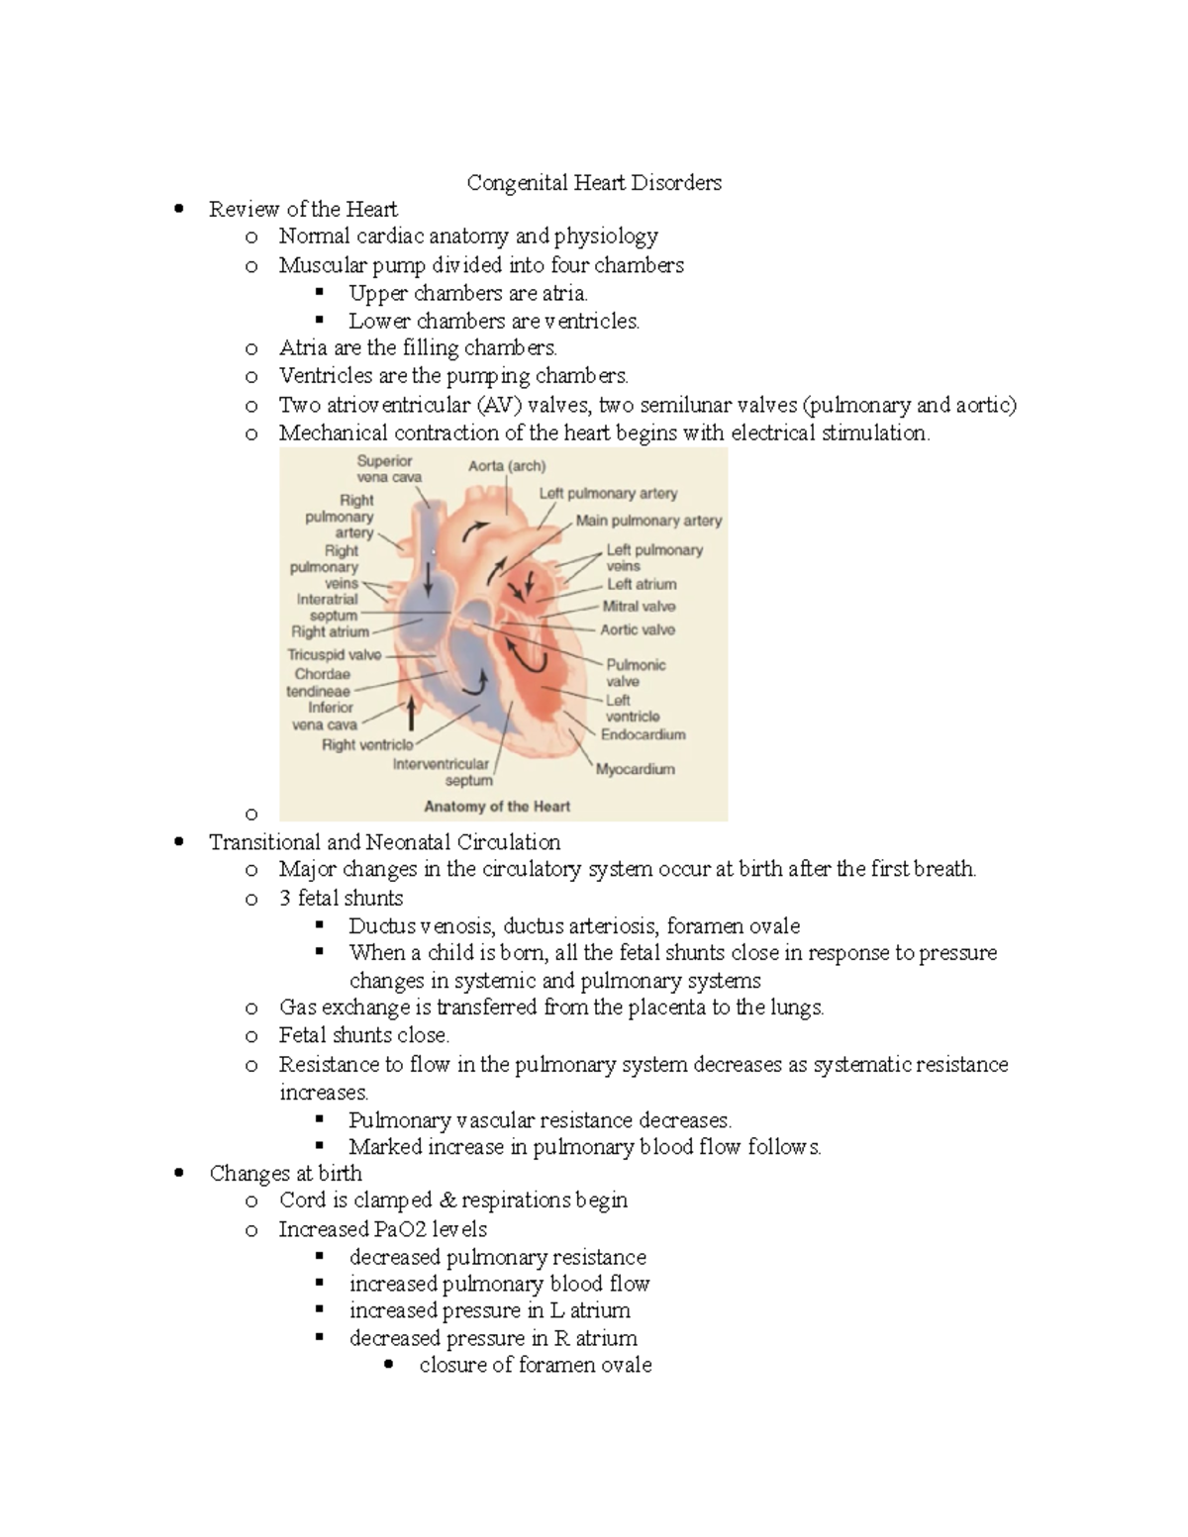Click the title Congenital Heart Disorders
(x=594, y=183)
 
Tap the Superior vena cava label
(x=388, y=469)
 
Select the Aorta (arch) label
(x=506, y=466)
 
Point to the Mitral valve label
(x=639, y=607)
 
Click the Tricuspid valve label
(x=334, y=654)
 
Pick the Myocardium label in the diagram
(x=635, y=769)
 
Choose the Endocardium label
(x=643, y=734)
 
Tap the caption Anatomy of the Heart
(x=497, y=807)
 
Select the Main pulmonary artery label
(x=648, y=521)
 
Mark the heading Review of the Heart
(x=303, y=210)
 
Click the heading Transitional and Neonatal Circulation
(x=384, y=842)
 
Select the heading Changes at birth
(x=285, y=1174)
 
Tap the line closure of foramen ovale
(x=535, y=1366)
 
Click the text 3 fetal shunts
(x=341, y=899)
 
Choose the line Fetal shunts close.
(x=363, y=1036)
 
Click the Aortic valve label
(x=638, y=629)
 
